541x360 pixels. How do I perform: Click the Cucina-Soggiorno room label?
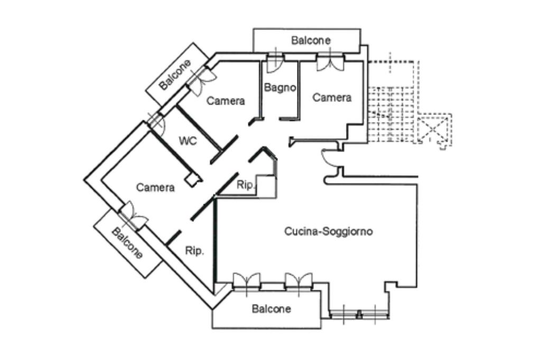pos(328,231)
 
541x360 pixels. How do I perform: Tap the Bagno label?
pos(280,88)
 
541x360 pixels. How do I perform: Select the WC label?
pos(188,141)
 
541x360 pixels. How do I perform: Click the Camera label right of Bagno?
pos(332,98)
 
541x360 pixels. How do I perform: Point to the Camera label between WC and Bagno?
pos(226,101)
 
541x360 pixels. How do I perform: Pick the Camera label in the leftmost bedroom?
pos(155,187)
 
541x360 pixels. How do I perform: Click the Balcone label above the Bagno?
pos(311,40)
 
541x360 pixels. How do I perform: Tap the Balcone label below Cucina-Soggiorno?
pos(271,309)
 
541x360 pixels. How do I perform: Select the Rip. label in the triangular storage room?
pos(194,251)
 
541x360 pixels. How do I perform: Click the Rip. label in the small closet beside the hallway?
pos(246,185)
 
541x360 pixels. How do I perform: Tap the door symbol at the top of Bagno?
pos(275,62)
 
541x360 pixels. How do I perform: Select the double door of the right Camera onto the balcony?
pos(331,62)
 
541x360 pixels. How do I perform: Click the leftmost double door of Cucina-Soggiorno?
pos(247,281)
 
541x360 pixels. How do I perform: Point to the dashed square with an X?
pos(434,130)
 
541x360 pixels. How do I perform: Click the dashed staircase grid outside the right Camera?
pos(391,115)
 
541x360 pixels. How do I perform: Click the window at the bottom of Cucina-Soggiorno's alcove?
pos(359,314)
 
